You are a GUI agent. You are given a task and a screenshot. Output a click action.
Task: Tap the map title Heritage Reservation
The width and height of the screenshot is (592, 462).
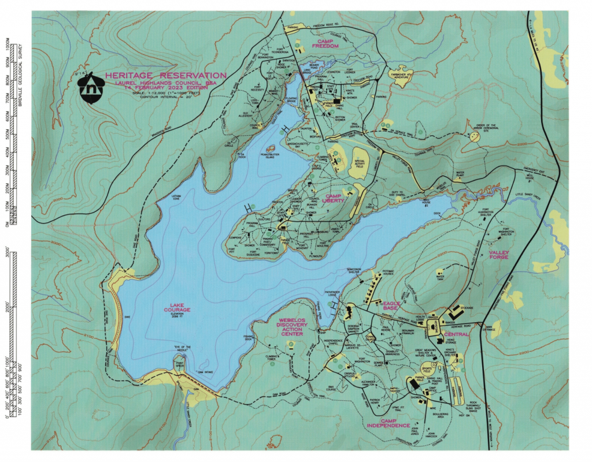[x=165, y=75]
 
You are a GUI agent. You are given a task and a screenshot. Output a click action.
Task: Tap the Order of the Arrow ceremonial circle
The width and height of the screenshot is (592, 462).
[x=475, y=136]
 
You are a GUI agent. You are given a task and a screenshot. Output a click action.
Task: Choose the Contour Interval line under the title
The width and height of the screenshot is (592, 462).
[x=165, y=97]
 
